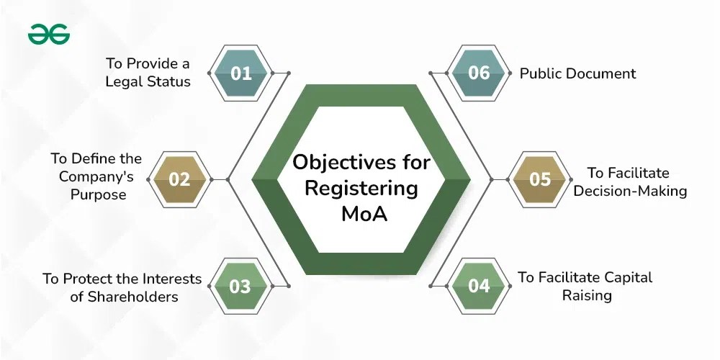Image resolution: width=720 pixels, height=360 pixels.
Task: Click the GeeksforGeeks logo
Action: coord(49,34)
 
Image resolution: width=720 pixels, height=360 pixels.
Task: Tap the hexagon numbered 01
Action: coord(242,73)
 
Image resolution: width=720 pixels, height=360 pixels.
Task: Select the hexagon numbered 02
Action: coord(179,179)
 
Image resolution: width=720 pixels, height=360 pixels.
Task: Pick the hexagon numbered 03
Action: coord(240,286)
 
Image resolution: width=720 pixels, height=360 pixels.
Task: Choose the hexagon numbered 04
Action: coord(479,286)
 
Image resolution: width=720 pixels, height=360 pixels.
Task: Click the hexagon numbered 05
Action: coord(540,179)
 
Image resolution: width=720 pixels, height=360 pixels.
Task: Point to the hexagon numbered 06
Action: coord(479,73)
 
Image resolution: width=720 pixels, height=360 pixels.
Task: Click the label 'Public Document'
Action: coord(578,73)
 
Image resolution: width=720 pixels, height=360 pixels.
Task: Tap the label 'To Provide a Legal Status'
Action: coord(148,72)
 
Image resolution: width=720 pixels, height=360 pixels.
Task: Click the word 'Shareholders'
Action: coord(138,297)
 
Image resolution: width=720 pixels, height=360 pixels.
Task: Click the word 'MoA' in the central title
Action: coord(361,214)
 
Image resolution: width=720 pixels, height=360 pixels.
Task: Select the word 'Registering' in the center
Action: coord(361,188)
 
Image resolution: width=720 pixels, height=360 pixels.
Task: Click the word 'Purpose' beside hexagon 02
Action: coord(99,195)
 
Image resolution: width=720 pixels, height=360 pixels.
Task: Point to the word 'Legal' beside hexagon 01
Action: coord(126,81)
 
